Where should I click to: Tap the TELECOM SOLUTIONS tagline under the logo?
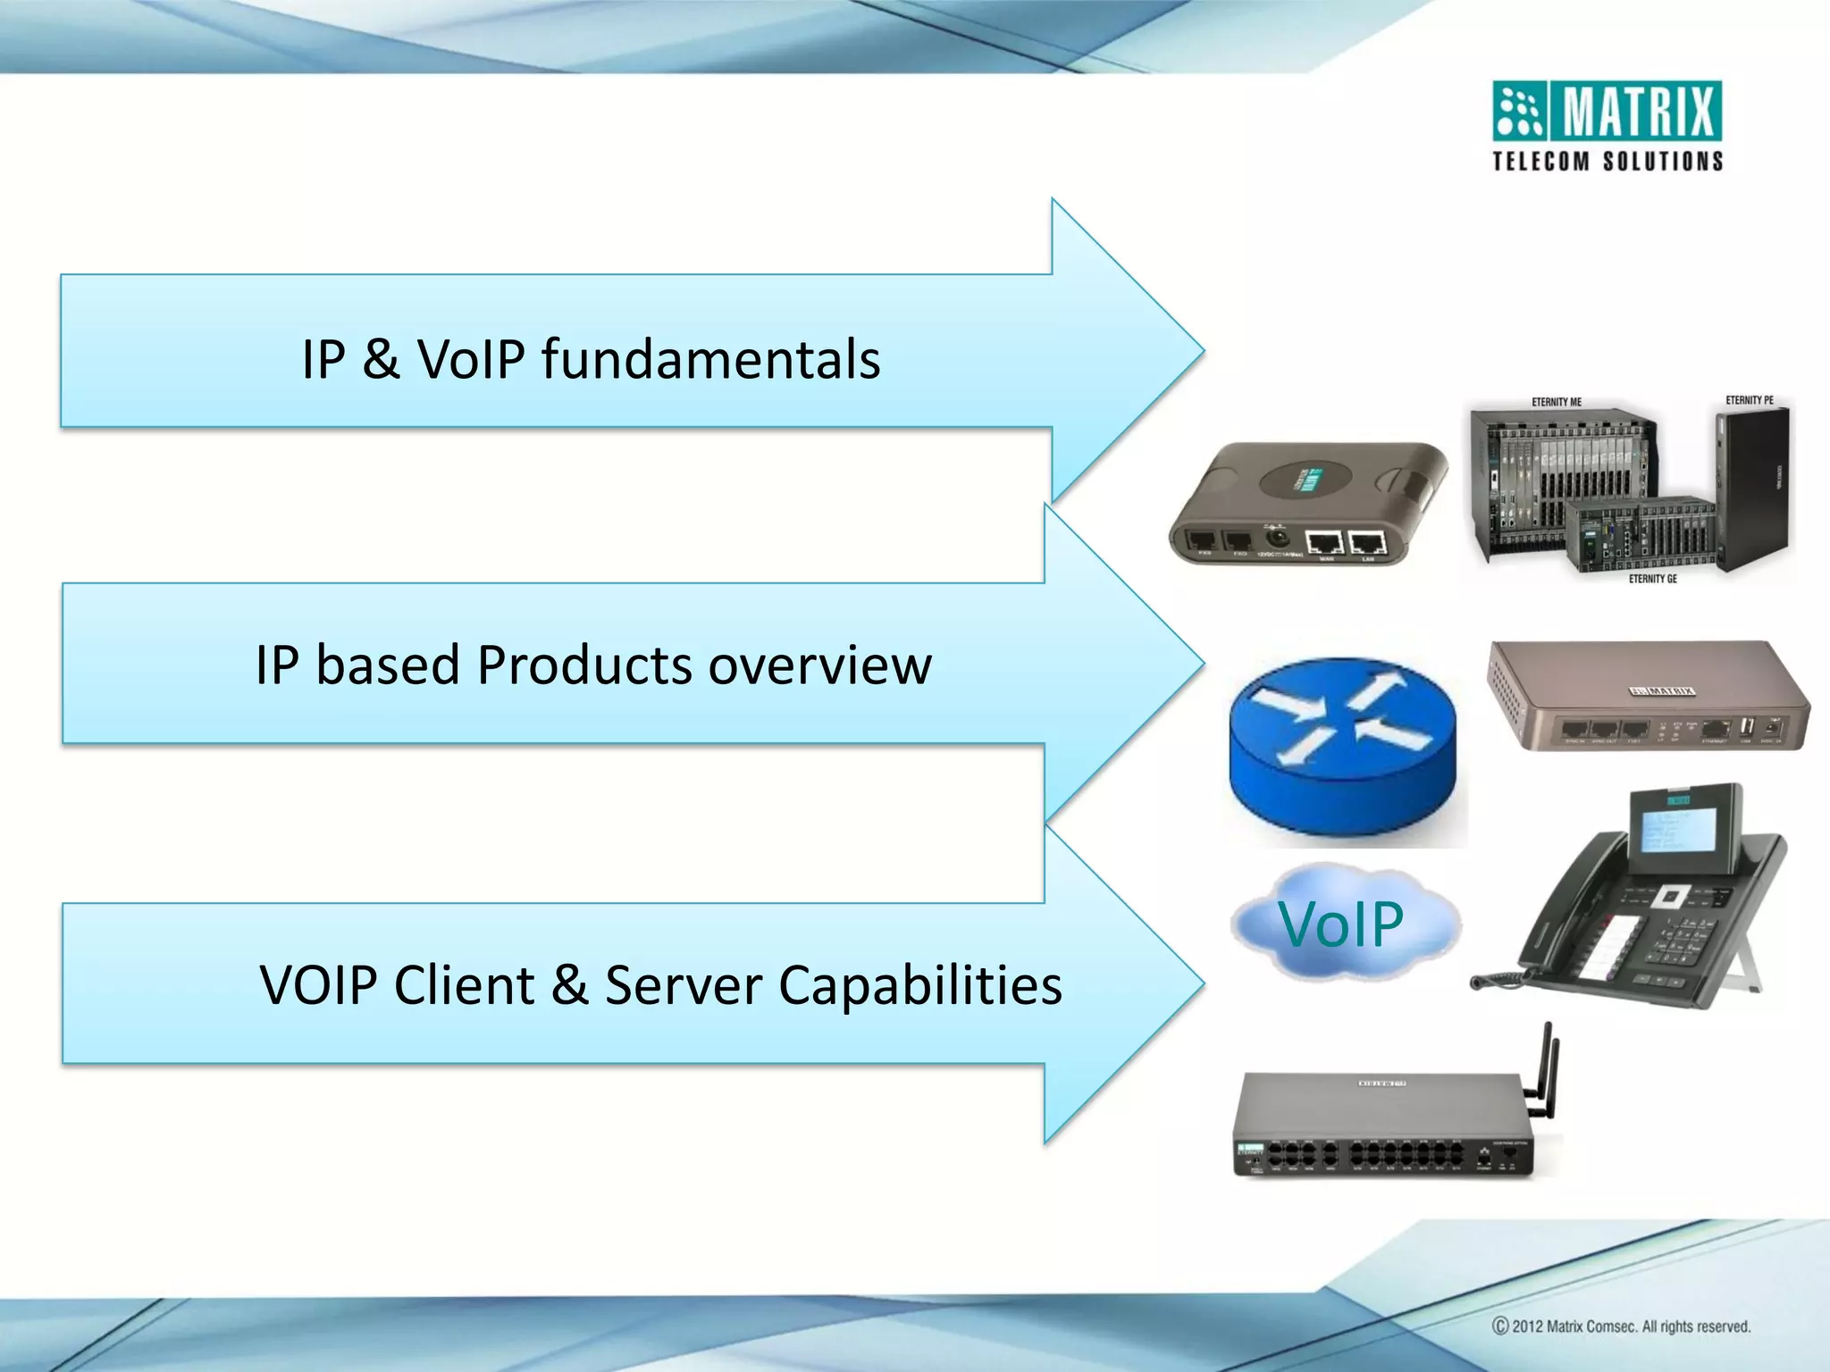(x=1608, y=162)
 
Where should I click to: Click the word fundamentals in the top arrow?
(x=710, y=359)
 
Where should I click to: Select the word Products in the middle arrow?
(x=583, y=665)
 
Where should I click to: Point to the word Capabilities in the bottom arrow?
(x=919, y=985)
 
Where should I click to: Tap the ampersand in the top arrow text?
(x=381, y=359)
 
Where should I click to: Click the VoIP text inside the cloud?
(x=1340, y=924)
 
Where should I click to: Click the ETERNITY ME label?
(x=1556, y=402)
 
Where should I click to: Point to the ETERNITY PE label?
(x=1749, y=400)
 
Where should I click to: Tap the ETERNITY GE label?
(x=1652, y=579)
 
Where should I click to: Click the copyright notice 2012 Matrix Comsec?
(x=1621, y=1326)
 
